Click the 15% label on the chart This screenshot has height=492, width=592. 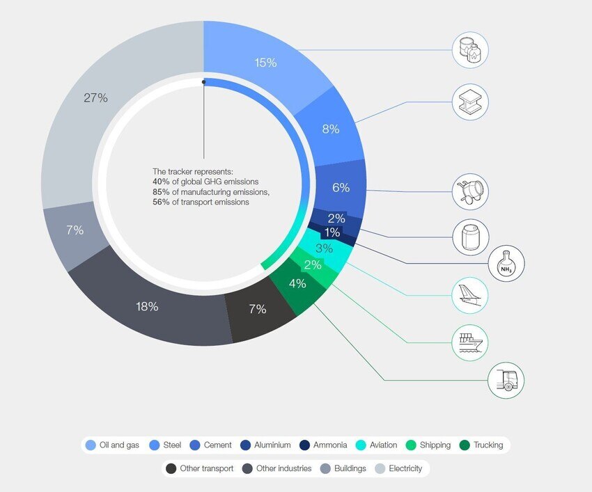[265, 63]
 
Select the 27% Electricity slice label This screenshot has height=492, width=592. [95, 98]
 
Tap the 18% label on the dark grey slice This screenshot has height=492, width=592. [147, 306]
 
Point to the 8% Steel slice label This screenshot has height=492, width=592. [331, 129]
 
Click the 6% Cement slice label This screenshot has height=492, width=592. [341, 187]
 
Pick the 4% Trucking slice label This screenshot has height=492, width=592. [297, 283]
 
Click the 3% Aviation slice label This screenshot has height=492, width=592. [324, 248]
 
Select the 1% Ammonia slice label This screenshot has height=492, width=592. [332, 232]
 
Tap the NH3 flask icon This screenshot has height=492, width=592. [506, 264]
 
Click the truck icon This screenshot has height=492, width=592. [506, 380]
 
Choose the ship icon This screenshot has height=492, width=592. [470, 342]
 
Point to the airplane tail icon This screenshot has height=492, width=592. [470, 296]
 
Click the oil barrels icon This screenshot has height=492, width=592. [470, 49]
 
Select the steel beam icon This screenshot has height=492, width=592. [470, 102]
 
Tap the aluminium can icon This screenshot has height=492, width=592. [470, 237]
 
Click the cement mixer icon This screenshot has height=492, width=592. [470, 191]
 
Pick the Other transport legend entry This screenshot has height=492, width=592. [200, 468]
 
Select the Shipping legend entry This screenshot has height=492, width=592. [429, 445]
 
